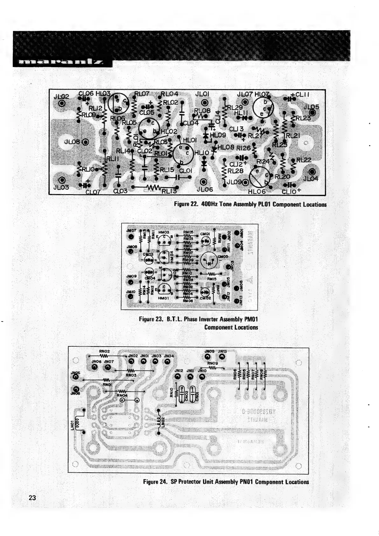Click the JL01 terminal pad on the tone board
coord(204,102)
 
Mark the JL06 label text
coord(204,189)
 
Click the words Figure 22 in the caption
coord(186,204)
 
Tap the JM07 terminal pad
coord(130,237)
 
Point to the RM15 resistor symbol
coord(211,274)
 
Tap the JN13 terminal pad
coord(222,356)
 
